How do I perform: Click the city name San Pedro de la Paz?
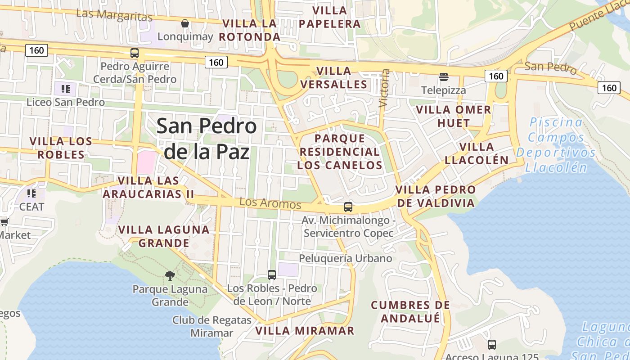click(x=207, y=139)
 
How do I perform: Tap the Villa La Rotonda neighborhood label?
click(x=249, y=30)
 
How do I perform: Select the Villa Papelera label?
click(x=330, y=17)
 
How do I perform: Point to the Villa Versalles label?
click(x=333, y=77)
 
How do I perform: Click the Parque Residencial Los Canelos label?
click(x=340, y=152)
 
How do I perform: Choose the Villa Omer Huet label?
click(x=453, y=116)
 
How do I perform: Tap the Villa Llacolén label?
click(x=477, y=153)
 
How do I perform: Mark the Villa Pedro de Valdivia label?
click(x=435, y=196)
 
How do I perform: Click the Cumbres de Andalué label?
click(x=410, y=311)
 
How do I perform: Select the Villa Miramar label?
click(x=305, y=331)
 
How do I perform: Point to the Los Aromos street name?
click(x=270, y=203)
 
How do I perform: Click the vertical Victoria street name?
click(x=384, y=88)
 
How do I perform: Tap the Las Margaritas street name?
click(x=114, y=15)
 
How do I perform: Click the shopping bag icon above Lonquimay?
click(x=184, y=23)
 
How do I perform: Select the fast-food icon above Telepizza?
click(x=444, y=77)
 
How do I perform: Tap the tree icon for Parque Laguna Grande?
click(x=170, y=275)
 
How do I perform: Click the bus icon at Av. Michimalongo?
click(x=348, y=207)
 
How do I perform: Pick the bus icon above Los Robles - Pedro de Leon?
click(x=272, y=274)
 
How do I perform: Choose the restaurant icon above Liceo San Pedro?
click(x=66, y=89)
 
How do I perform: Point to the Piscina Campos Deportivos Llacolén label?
click(x=556, y=145)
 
